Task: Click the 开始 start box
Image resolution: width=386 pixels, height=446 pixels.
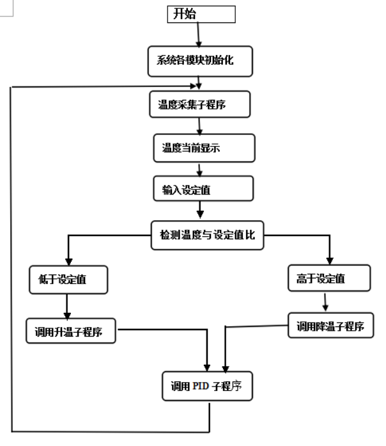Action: coord(201,14)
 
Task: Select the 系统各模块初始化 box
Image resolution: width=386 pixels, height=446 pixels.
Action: coord(200,61)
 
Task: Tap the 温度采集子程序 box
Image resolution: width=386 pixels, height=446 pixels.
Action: coord(199,104)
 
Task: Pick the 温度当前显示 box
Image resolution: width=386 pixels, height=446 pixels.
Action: coord(204,148)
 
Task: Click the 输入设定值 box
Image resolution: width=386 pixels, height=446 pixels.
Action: coord(203,188)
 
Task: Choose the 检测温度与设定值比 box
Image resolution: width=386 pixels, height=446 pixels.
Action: coord(207,235)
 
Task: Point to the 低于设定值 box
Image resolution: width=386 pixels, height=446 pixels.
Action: coord(68,280)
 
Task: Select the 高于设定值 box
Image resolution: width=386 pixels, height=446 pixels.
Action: coord(329,278)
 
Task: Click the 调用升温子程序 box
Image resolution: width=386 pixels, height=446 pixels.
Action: coord(71,331)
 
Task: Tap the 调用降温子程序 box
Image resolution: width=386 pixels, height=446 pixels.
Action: coord(330,325)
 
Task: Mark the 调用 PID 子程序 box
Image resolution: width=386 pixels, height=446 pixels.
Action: coord(207,386)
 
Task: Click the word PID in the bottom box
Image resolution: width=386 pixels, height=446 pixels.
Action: coord(201,386)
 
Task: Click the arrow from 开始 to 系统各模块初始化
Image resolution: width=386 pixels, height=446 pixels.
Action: coord(198,35)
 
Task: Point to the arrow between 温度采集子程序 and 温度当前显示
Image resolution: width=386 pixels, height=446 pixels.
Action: coord(199,125)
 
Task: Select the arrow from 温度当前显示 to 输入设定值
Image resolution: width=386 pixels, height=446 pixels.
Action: coord(199,170)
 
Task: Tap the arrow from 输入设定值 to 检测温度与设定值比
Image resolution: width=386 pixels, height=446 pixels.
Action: coord(200,210)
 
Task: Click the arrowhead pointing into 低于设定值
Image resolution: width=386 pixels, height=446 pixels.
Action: coord(68,262)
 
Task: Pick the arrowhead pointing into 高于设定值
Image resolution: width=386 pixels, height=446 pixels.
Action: coord(330,261)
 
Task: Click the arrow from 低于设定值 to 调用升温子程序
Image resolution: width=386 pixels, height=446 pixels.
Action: coord(67,307)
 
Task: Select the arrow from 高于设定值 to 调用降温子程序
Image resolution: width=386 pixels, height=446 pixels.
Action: coord(325,302)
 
